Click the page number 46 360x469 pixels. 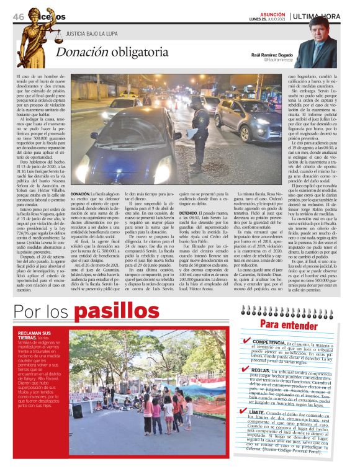(x=18, y=16)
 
